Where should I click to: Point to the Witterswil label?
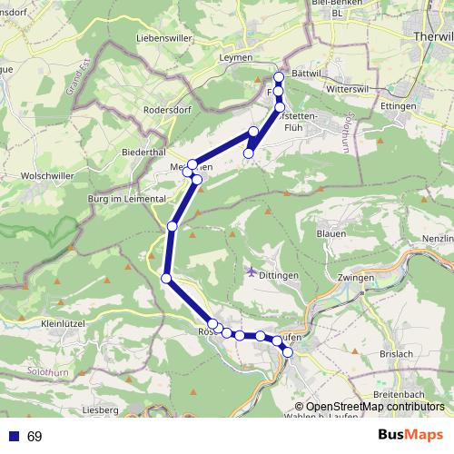point(341,91)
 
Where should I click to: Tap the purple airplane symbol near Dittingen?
point(252,271)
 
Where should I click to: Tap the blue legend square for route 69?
point(13,437)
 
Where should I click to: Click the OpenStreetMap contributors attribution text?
point(369,406)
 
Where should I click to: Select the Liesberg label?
point(100,410)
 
